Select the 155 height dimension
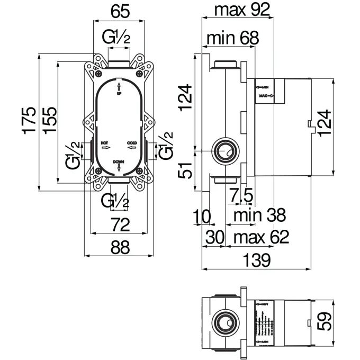[48, 120]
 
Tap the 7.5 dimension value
[241, 196]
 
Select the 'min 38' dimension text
[260, 215]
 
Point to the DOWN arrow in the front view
[119, 167]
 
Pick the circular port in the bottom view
[224, 321]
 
